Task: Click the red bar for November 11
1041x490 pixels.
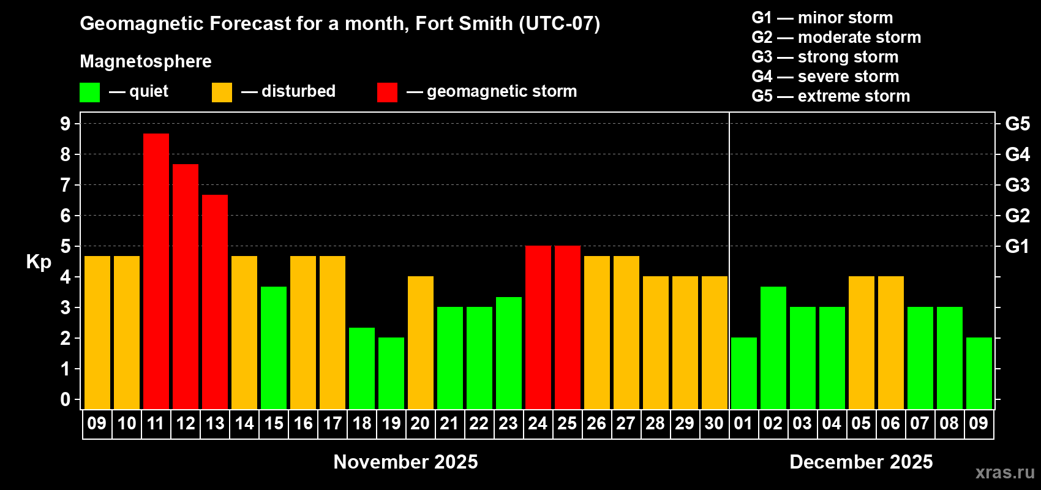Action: pyautogui.click(x=156, y=271)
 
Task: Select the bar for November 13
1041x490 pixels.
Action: pyautogui.click(x=215, y=301)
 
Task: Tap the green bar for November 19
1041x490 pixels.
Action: pyautogui.click(x=391, y=373)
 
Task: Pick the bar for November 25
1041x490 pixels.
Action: pyautogui.click(x=568, y=327)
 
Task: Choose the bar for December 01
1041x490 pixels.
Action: pyautogui.click(x=744, y=373)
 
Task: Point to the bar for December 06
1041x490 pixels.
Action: pyautogui.click(x=891, y=342)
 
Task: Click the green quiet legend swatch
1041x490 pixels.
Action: pyautogui.click(x=90, y=92)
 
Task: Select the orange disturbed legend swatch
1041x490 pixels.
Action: pyautogui.click(x=222, y=92)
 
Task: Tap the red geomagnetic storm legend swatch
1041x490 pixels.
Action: pyautogui.click(x=387, y=92)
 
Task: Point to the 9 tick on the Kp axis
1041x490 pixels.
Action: pyautogui.click(x=66, y=124)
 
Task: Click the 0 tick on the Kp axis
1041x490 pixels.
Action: pyautogui.click(x=66, y=400)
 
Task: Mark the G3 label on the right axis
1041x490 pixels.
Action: pyautogui.click(x=1017, y=185)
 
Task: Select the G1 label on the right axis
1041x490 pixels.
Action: pyautogui.click(x=1017, y=246)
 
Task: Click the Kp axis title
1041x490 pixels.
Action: pyautogui.click(x=39, y=262)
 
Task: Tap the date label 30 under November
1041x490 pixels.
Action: pyautogui.click(x=714, y=424)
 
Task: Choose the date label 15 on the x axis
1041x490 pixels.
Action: pyautogui.click(x=274, y=424)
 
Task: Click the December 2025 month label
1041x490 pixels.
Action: pyautogui.click(x=861, y=462)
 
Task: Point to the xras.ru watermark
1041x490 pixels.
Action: pyautogui.click(x=1005, y=472)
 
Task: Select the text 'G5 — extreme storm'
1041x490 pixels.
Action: pyautogui.click(x=831, y=96)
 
